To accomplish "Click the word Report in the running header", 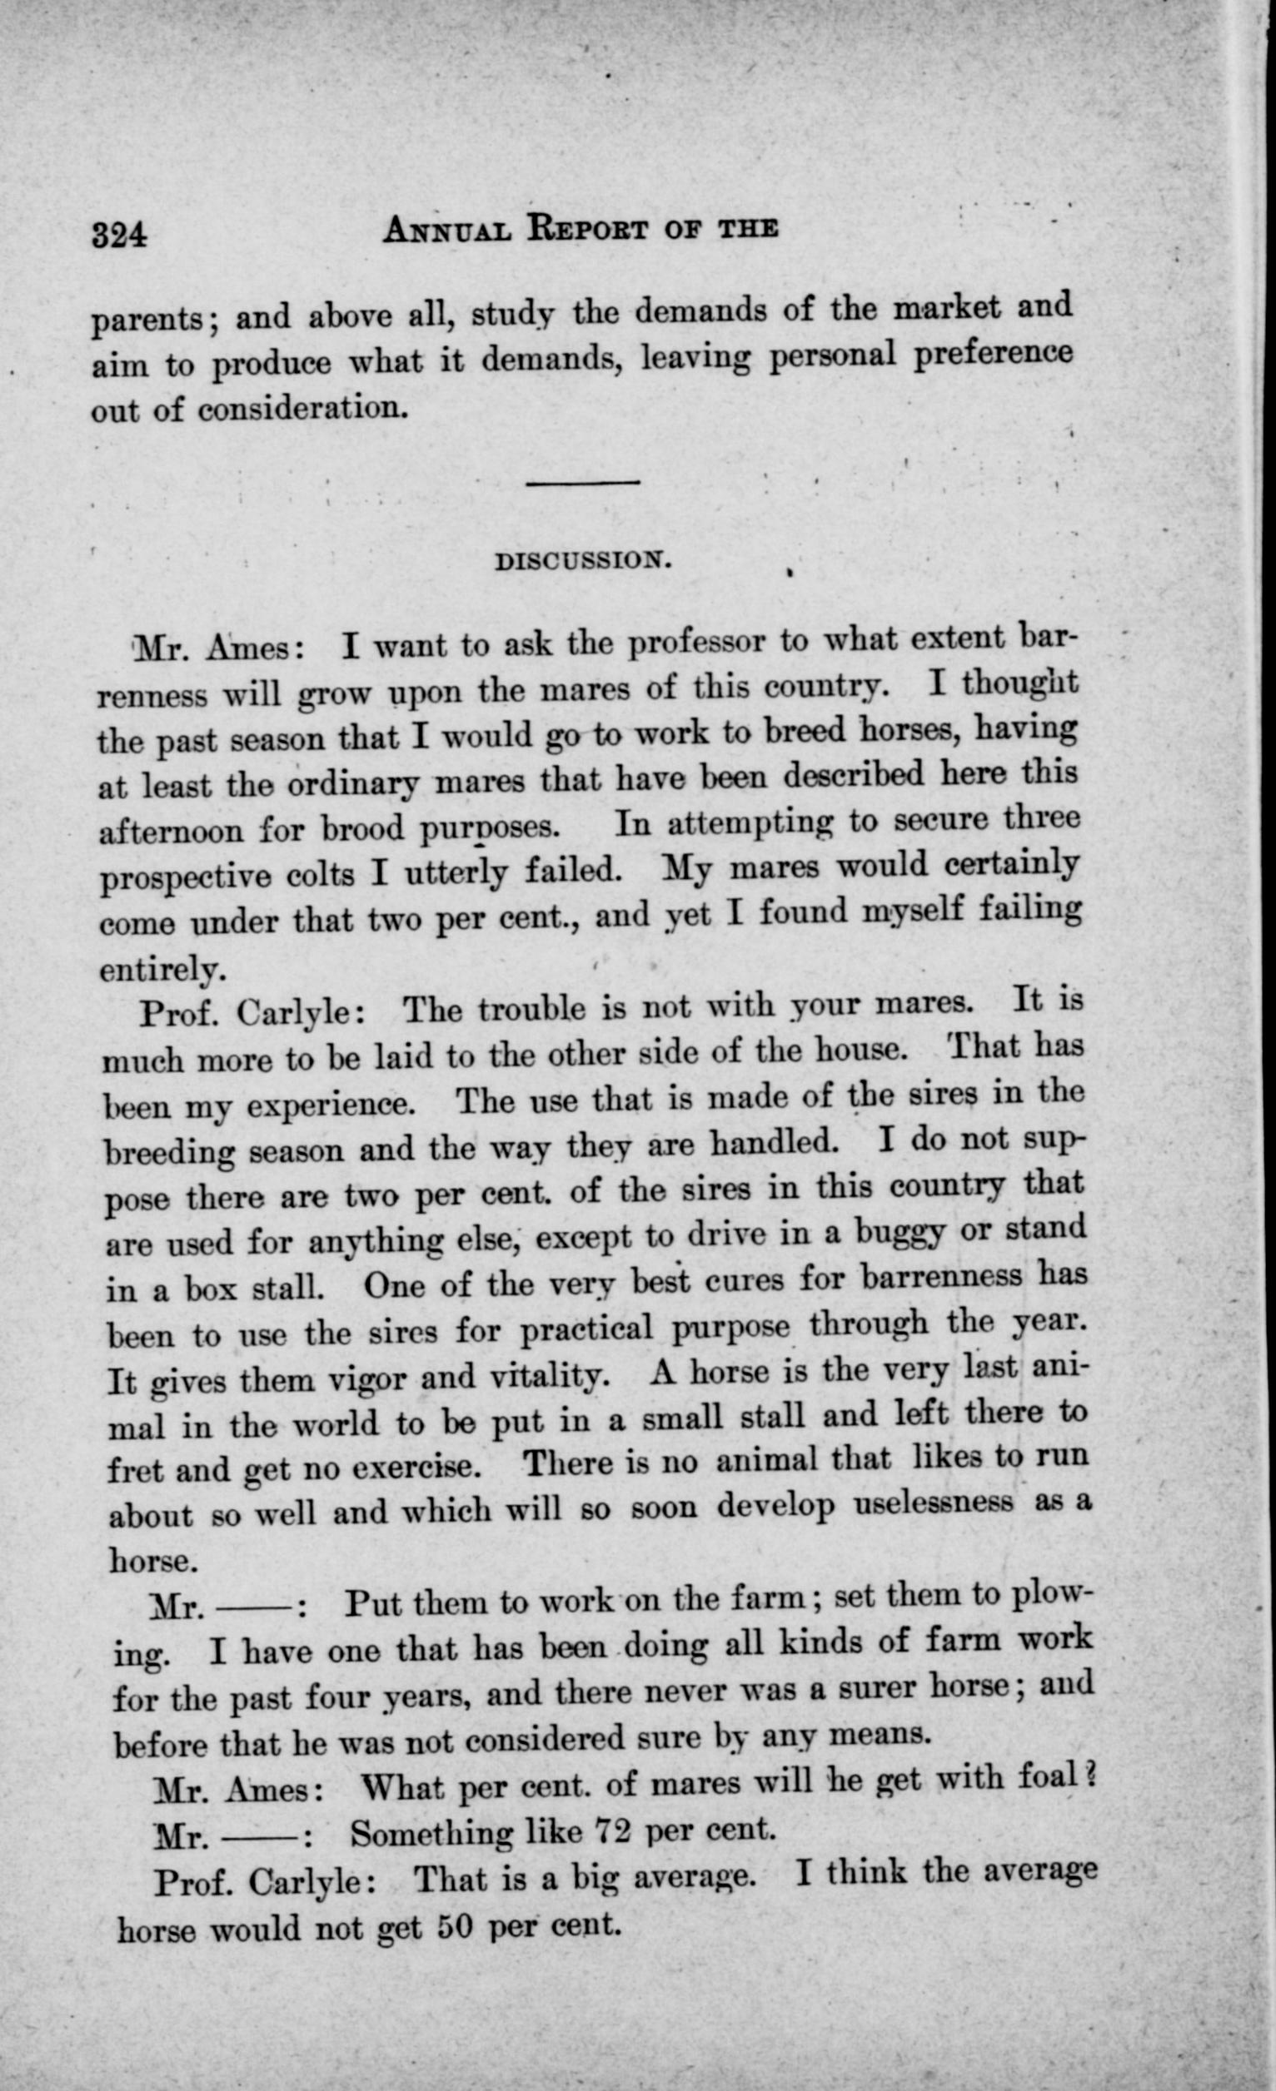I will (588, 229).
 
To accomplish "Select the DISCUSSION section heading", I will (583, 560).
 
